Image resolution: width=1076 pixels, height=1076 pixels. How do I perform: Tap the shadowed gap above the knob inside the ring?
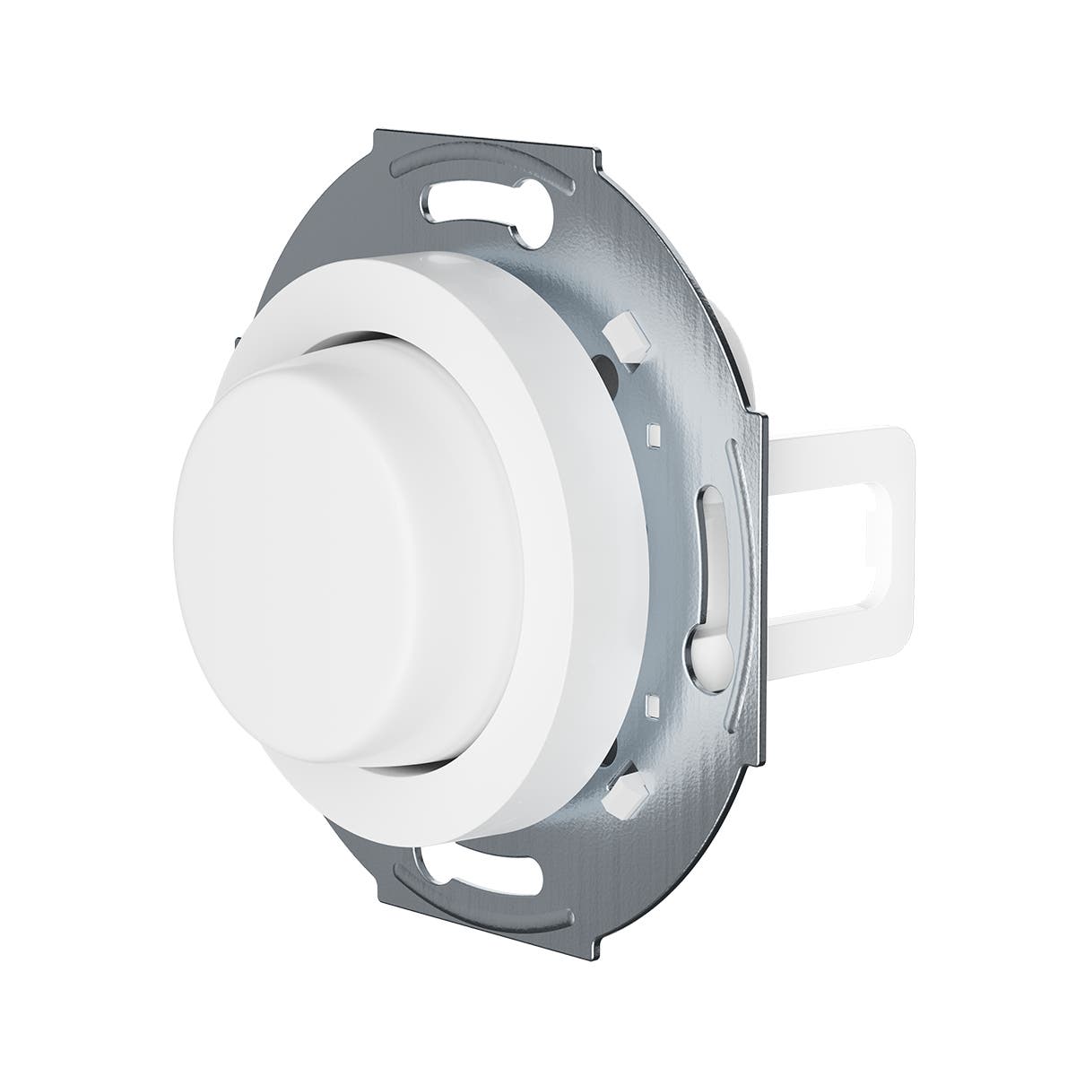pos(377,338)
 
